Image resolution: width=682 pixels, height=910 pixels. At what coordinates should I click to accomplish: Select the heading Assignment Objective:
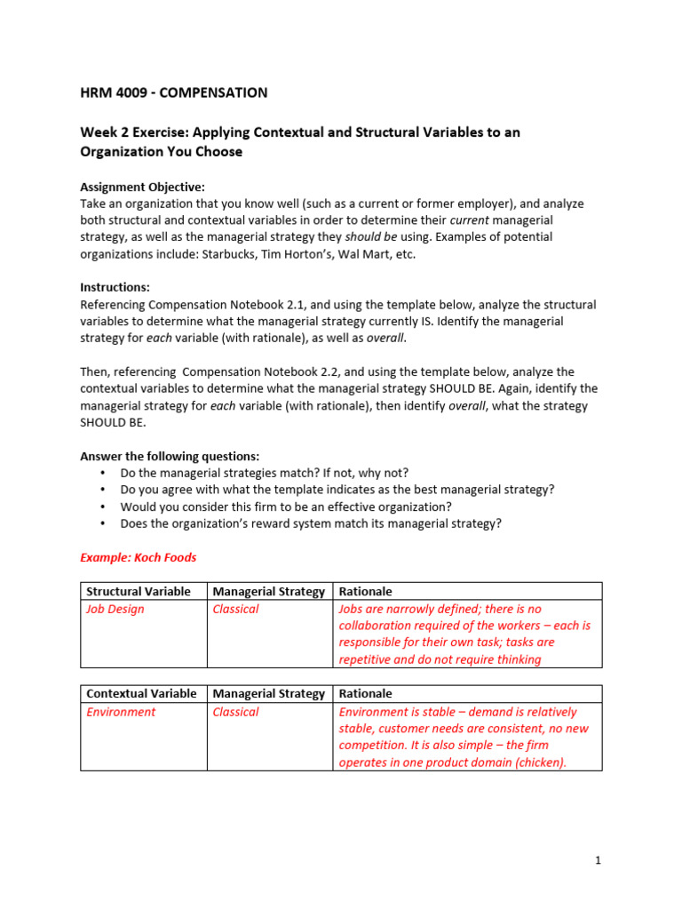142,187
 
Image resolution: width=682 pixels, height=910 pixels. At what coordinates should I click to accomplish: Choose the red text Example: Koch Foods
139,557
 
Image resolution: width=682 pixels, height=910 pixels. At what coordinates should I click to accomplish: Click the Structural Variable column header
138,592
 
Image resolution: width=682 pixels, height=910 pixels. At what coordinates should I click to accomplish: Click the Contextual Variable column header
141,693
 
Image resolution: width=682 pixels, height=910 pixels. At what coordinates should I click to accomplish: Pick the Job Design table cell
115,609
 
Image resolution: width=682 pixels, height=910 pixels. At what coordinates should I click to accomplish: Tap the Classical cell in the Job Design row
235,609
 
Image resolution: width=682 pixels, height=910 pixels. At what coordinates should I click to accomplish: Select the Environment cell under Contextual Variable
120,712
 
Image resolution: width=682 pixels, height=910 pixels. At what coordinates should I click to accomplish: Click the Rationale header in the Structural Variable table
365,592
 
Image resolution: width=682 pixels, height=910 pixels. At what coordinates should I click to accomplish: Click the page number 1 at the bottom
599,860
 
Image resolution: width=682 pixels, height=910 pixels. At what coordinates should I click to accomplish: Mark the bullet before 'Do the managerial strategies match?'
104,473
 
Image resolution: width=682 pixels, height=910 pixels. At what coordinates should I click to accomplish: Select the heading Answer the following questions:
170,456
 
